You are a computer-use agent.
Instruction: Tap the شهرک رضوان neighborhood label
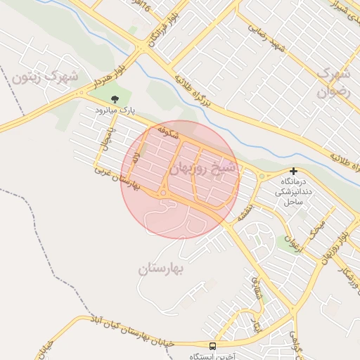[332, 82]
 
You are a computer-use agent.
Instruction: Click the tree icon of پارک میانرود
[115, 99]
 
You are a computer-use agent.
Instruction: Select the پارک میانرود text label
[116, 111]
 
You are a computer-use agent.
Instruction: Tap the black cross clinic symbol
[293, 171]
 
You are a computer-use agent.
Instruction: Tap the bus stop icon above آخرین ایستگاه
[213, 346]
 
